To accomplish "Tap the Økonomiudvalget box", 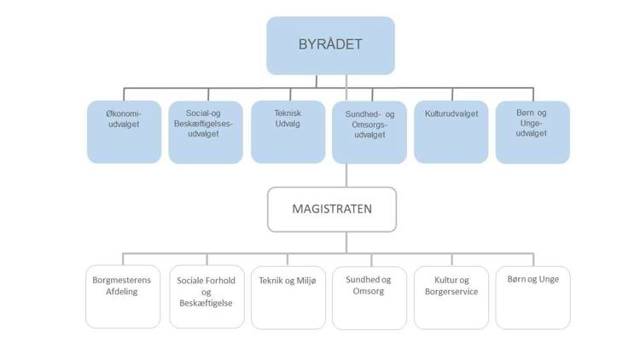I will [x=124, y=132].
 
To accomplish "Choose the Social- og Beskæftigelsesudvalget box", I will [x=206, y=132].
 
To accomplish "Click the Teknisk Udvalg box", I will [x=288, y=132].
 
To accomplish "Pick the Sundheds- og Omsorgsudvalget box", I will [x=369, y=132].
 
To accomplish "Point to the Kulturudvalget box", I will [x=451, y=132].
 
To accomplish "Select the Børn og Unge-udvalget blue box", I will [x=532, y=132].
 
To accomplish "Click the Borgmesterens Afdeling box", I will [x=123, y=297].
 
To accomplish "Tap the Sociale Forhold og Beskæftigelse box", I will [x=206, y=297].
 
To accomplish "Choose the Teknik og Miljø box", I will [x=288, y=297].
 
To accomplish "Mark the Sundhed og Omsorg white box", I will [x=369, y=297].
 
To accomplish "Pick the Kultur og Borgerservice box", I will [x=451, y=297].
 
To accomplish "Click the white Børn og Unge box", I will [x=532, y=297].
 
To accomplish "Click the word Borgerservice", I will [x=450, y=292].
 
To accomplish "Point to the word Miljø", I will [x=303, y=280].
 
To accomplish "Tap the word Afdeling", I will [x=113, y=292].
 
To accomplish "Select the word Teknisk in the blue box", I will [x=288, y=113].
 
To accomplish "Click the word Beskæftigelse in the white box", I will [x=206, y=304].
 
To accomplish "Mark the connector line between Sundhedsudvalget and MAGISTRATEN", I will [x=346, y=175].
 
